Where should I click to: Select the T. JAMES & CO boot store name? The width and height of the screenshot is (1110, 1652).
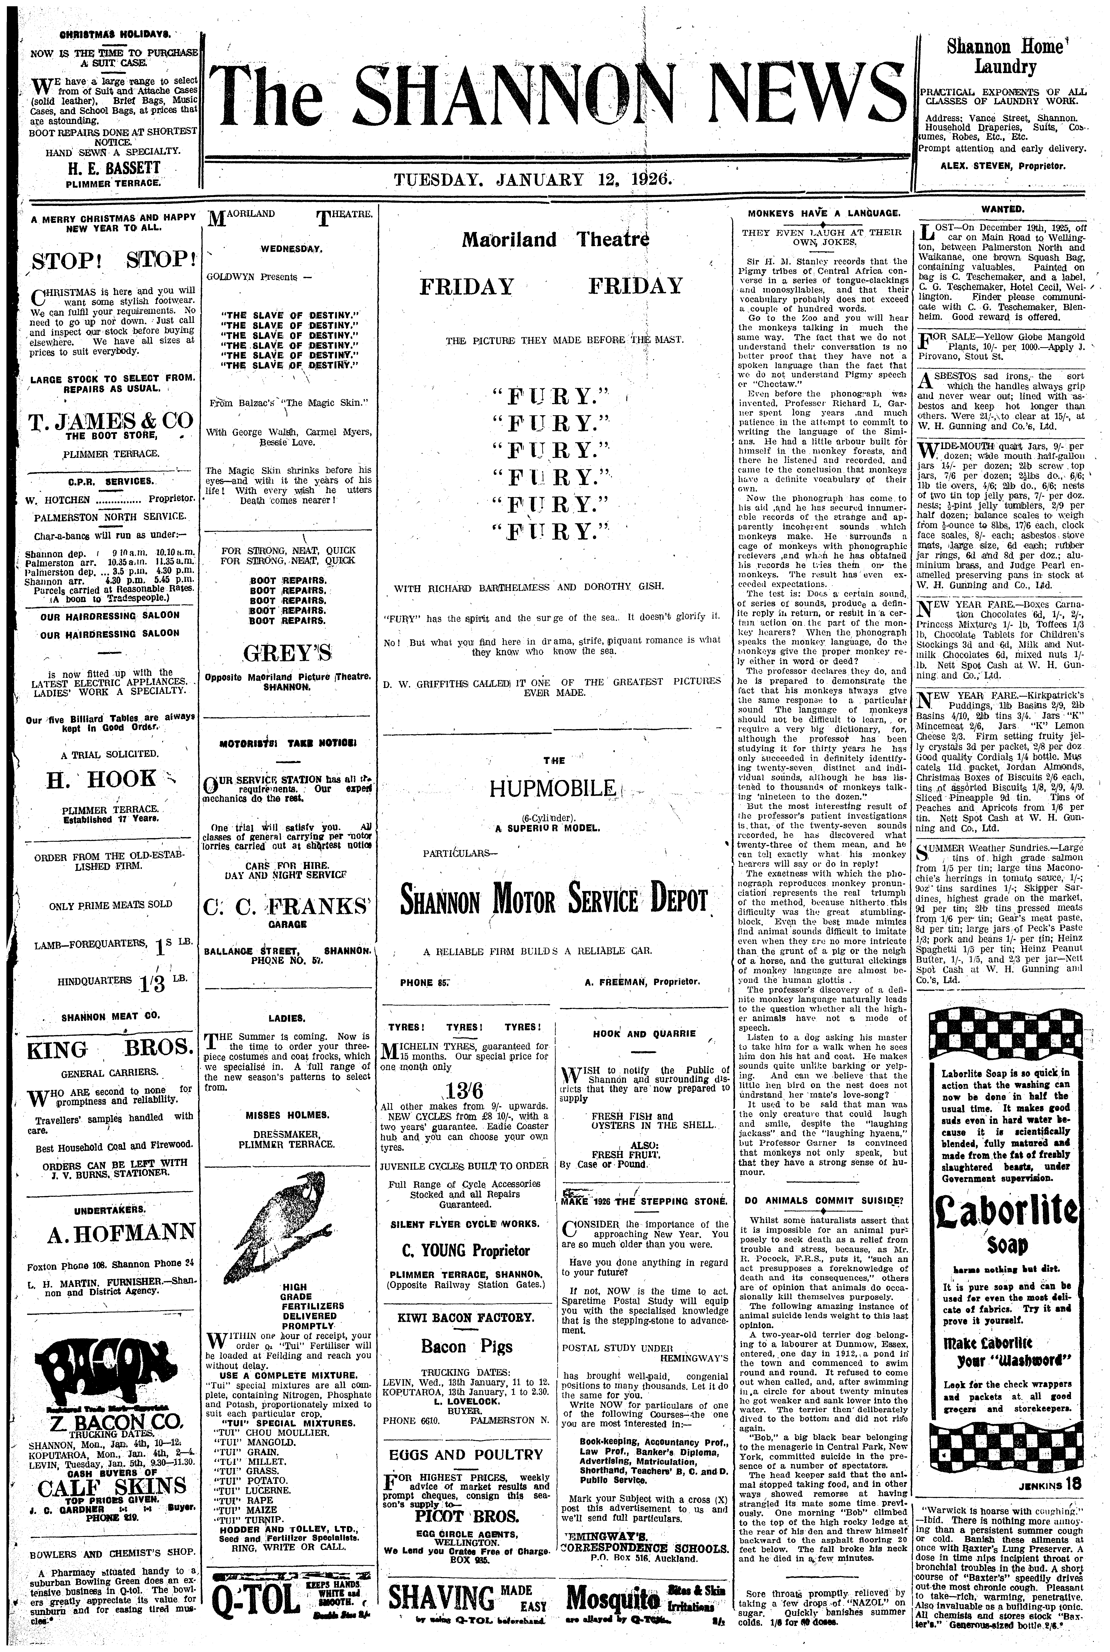110,421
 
